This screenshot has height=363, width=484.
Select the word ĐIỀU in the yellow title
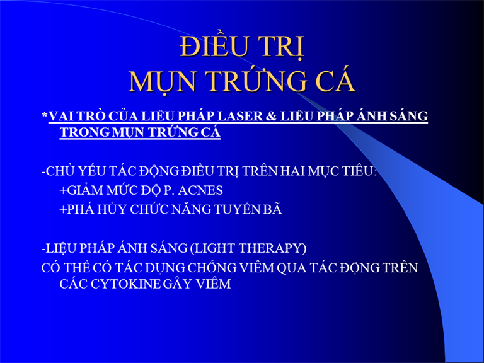pos(210,46)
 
